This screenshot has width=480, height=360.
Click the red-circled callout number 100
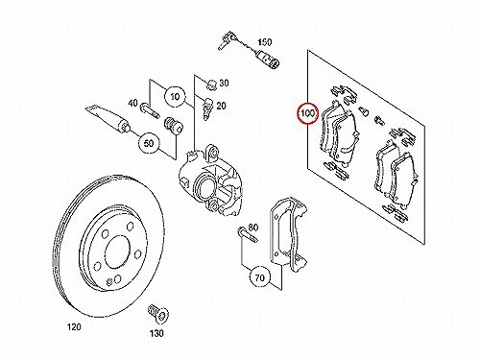pyautogui.click(x=308, y=113)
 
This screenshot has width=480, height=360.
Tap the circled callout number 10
pyautogui.click(x=176, y=96)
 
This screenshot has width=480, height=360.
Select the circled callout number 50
pyautogui.click(x=149, y=143)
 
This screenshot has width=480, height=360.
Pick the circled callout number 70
pyautogui.click(x=260, y=277)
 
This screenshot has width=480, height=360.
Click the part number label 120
pyautogui.click(x=74, y=326)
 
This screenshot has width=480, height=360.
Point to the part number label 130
pyautogui.click(x=156, y=333)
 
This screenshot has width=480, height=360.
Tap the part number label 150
pyautogui.click(x=265, y=42)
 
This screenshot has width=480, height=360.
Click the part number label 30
pyautogui.click(x=224, y=83)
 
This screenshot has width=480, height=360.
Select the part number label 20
pyautogui.click(x=221, y=106)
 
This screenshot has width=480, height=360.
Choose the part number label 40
pyautogui.click(x=132, y=103)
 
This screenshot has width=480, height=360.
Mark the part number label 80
pyautogui.click(x=252, y=228)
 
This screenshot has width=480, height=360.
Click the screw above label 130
pyautogui.click(x=158, y=313)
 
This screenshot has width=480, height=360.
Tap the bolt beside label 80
pyautogui.click(x=247, y=234)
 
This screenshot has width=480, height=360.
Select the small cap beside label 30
pyautogui.click(x=211, y=84)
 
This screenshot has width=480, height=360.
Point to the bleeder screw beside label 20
pyautogui.click(x=207, y=108)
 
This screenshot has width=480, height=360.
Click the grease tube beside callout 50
pyautogui.click(x=108, y=117)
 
